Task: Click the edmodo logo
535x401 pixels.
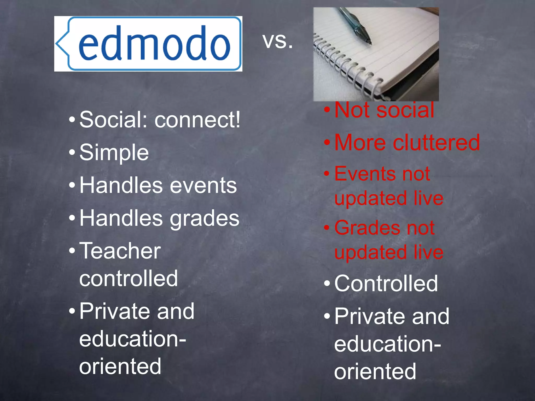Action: pyautogui.click(x=148, y=44)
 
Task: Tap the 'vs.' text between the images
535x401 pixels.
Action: pyautogui.click(x=277, y=41)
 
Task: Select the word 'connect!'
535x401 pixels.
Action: pyautogui.click(x=197, y=120)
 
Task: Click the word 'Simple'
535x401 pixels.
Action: pyautogui.click(x=114, y=152)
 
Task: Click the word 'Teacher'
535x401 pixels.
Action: pyautogui.click(x=120, y=251)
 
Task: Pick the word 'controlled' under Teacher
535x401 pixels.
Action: pyautogui.click(x=129, y=279)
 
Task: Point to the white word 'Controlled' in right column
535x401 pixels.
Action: pyautogui.click(x=386, y=284)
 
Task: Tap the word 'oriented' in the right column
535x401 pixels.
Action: pyautogui.click(x=375, y=371)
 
